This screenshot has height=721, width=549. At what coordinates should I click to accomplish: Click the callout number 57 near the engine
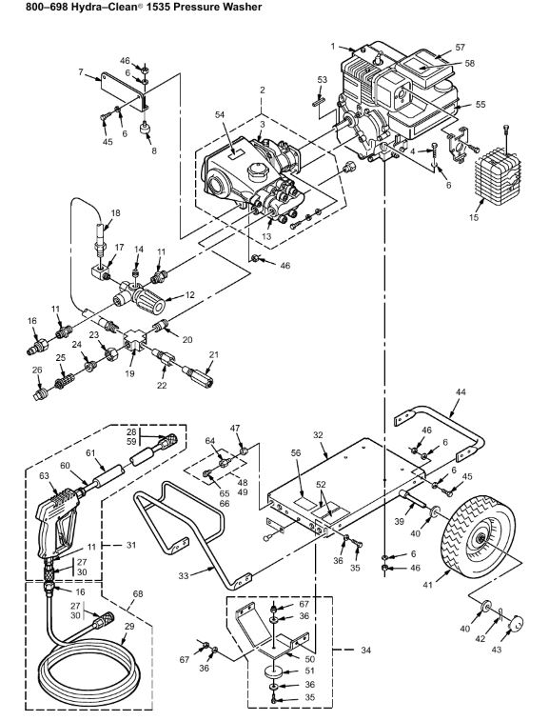460,47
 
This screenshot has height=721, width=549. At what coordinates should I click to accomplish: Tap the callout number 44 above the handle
461,391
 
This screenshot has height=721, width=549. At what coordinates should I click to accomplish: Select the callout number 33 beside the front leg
184,575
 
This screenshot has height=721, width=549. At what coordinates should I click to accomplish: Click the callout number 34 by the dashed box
365,651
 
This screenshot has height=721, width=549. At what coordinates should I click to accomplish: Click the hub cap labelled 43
517,626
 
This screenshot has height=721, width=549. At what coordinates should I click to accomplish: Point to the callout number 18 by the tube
115,213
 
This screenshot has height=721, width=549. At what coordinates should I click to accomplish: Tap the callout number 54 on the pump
220,114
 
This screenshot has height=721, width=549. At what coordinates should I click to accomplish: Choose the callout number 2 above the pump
262,90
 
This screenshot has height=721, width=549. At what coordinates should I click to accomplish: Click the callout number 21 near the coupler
214,354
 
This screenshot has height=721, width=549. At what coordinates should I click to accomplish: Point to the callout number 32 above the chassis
319,435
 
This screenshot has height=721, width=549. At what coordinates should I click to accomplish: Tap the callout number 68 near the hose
138,593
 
